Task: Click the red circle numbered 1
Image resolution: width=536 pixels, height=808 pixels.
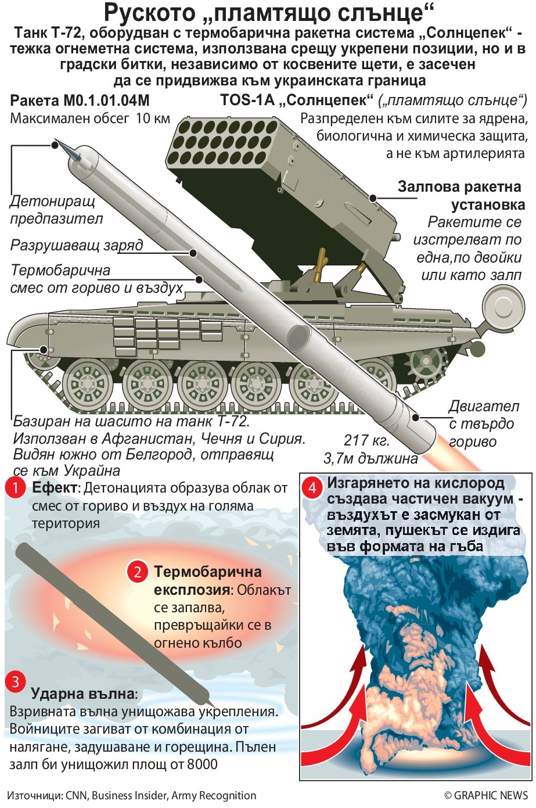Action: pos(16,488)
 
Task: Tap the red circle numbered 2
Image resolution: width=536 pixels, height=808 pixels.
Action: pos(138,572)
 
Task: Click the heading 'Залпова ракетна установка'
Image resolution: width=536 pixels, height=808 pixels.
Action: pos(460,196)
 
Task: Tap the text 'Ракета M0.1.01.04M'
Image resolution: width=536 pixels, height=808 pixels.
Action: pos(80,101)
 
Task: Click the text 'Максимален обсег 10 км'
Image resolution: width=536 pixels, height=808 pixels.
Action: pos(90,119)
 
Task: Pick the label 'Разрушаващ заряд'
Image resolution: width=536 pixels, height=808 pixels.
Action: pos(76,246)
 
